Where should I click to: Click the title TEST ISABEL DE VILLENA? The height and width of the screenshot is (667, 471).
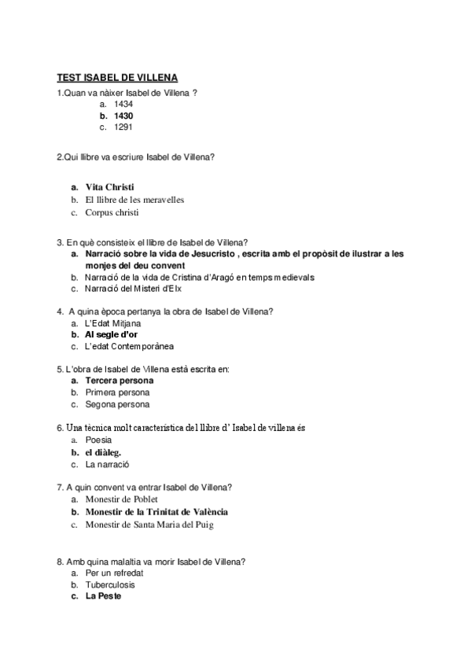118,77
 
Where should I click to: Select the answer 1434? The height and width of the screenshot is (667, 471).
123,104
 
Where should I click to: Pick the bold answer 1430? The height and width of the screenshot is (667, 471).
123,116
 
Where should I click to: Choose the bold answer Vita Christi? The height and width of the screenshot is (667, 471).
110,187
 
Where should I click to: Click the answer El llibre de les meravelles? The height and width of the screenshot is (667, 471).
134,200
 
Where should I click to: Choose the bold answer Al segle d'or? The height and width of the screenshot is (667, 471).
112,335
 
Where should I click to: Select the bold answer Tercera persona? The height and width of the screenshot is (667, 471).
120,381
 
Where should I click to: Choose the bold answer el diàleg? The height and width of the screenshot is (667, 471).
103,452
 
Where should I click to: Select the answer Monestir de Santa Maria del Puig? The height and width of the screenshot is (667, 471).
149,524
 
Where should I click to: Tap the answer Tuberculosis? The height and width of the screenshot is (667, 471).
110,585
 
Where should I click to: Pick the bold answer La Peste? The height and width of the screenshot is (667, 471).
104,596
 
